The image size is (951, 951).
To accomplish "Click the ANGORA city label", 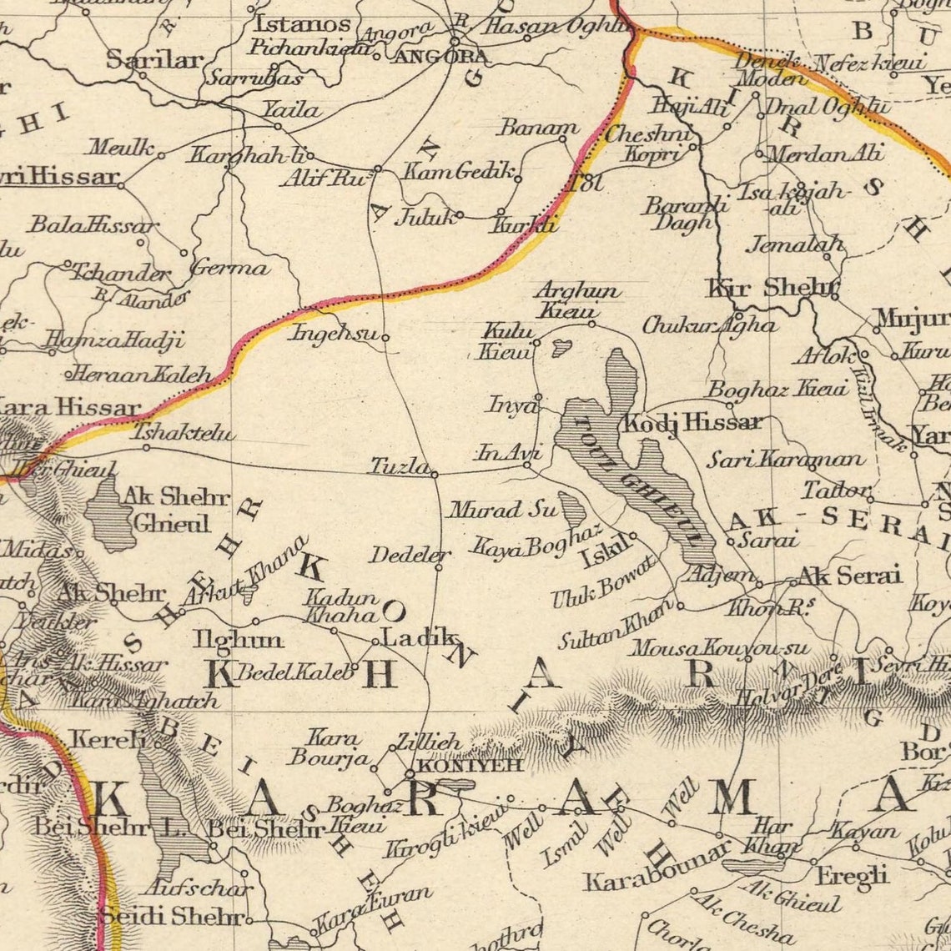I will click(439, 57).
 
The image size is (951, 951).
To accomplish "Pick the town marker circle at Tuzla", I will click(435, 475).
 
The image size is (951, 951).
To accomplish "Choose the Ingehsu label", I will click(332, 333).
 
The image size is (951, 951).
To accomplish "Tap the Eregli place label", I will click(852, 876).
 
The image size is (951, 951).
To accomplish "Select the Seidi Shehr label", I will click(172, 916).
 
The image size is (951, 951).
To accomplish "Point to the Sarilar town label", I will click(154, 59).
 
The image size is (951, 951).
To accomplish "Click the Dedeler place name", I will click(410, 555).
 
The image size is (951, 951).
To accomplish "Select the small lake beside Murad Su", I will click(572, 509).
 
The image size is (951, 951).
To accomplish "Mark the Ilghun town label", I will click(238, 640).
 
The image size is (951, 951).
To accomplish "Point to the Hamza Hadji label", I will click(113, 340).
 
